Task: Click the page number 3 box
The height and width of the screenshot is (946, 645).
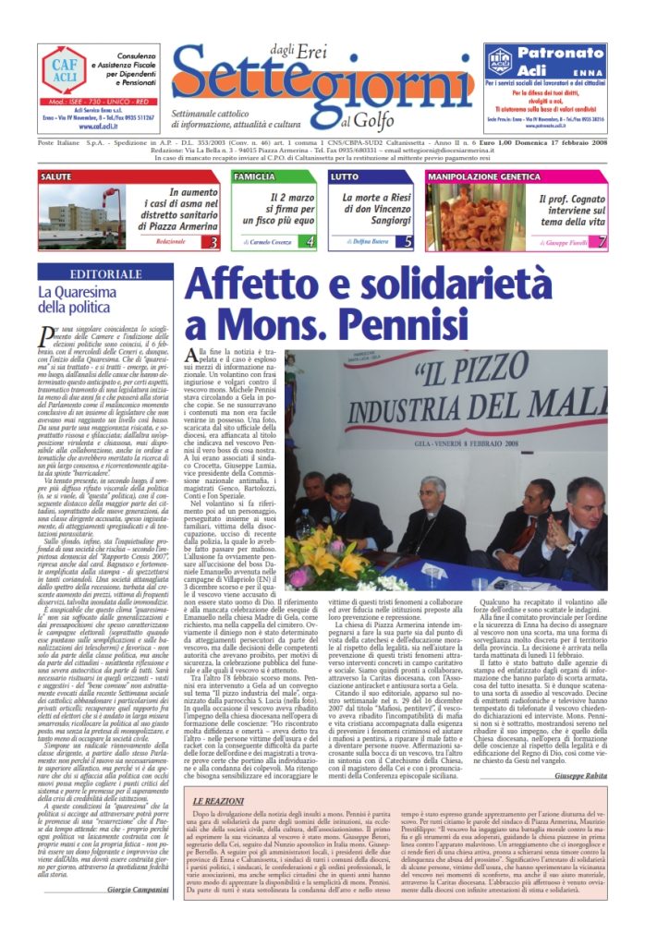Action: [214, 242]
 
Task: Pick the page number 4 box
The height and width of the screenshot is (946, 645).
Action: [310, 242]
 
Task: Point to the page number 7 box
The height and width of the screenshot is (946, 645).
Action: [602, 242]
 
